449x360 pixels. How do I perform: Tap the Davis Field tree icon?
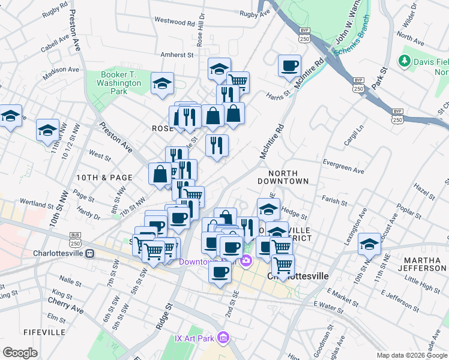click(405, 61)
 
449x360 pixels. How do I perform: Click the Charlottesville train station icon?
click(89, 253)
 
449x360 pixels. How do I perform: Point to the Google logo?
click(20, 352)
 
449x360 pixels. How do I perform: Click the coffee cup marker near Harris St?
click(289, 65)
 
